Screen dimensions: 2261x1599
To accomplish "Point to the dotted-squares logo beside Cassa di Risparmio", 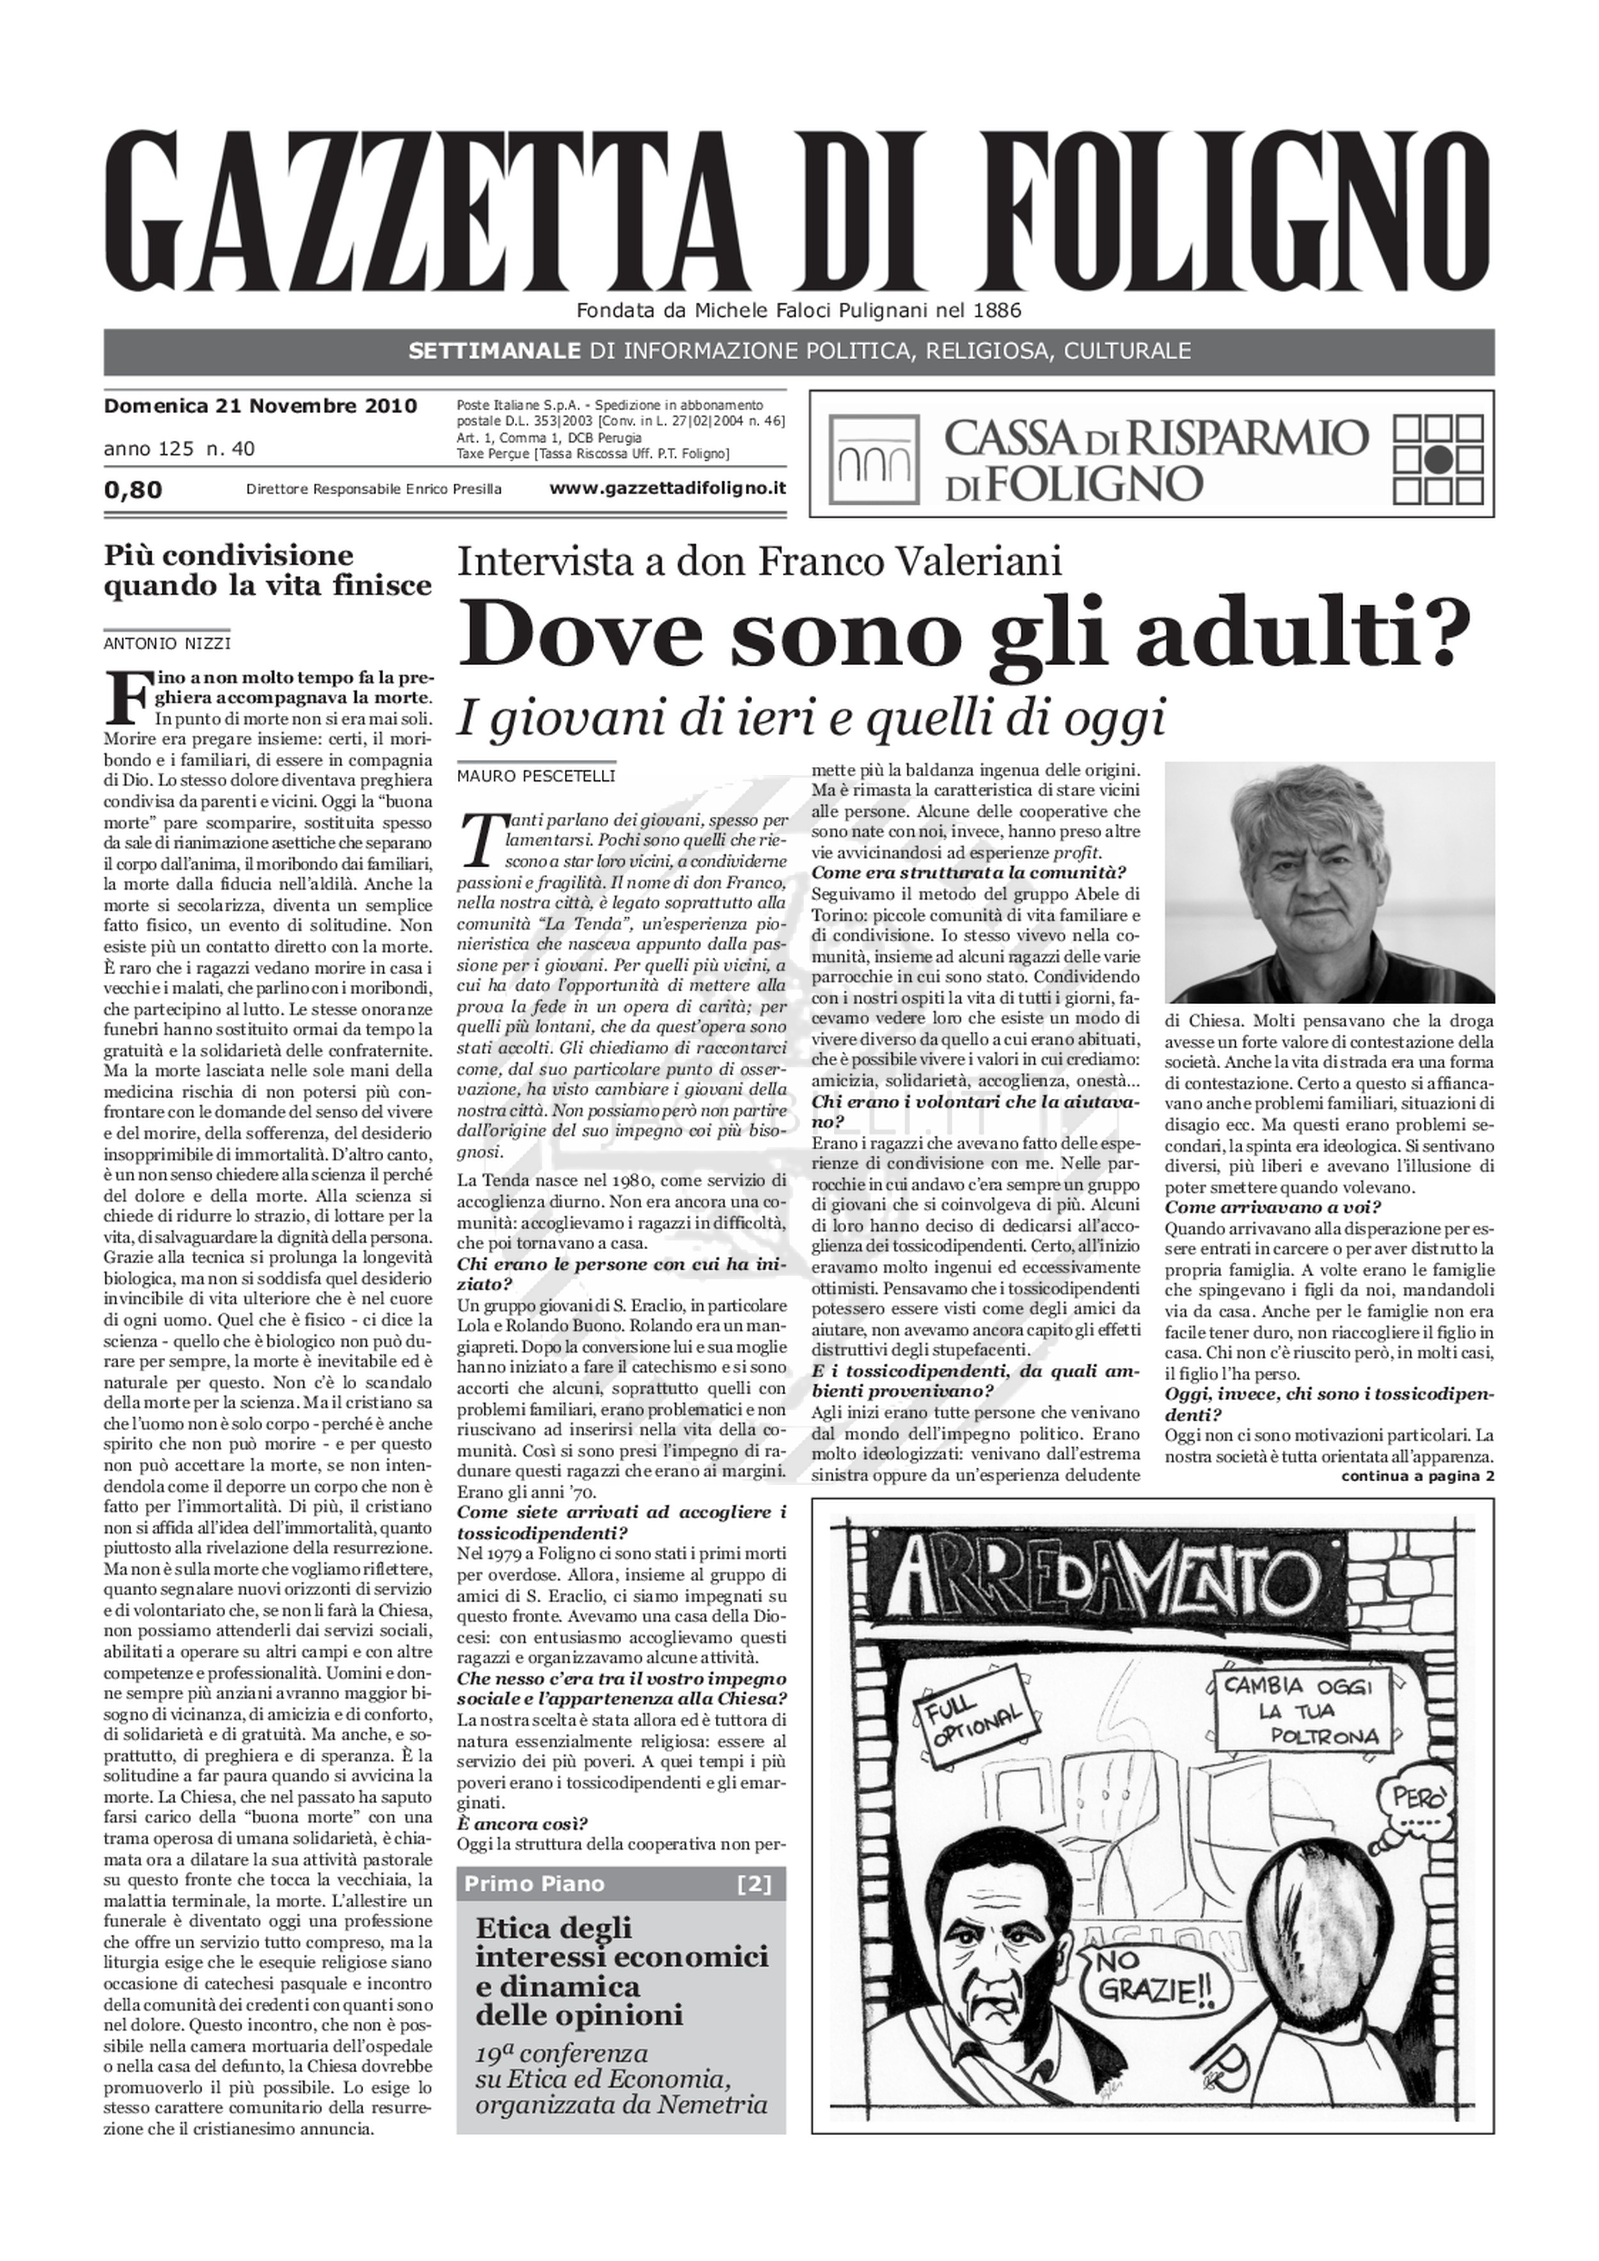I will (x=1440, y=455).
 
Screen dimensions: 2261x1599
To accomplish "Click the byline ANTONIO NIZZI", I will (x=166, y=644).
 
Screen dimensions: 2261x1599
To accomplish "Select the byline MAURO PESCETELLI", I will (x=535, y=776).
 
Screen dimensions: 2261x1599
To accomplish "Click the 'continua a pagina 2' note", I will (x=1417, y=1476).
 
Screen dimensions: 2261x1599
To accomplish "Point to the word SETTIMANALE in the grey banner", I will (x=494, y=351).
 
